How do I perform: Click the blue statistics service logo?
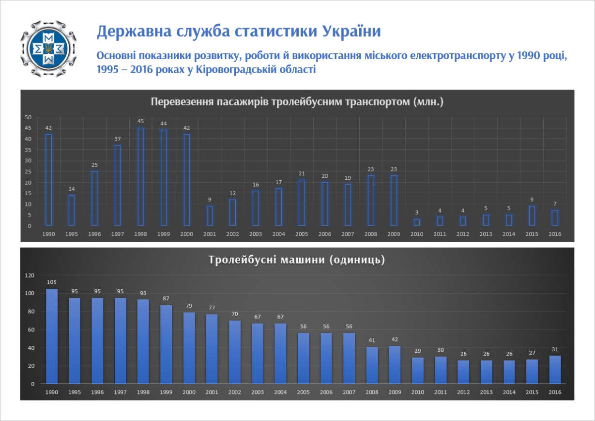pos(48,49)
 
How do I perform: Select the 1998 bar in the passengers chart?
pos(140,177)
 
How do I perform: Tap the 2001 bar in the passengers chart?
pos(210,216)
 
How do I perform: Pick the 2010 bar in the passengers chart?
pos(417,222)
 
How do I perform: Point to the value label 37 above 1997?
pos(118,139)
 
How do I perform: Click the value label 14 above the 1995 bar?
pos(72,189)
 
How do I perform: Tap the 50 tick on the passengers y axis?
pos(28,117)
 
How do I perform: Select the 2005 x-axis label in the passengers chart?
pos(302,234)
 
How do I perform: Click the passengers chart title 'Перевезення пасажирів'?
pos(297,102)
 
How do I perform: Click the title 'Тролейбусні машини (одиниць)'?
pos(297,260)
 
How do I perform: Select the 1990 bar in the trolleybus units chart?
pos(52,336)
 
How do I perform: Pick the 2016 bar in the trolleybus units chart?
pos(555,370)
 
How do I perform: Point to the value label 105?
pos(52,282)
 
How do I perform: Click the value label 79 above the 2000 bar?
pos(189,306)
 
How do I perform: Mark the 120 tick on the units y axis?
pos(30,275)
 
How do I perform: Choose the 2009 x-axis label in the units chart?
pos(395,392)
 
